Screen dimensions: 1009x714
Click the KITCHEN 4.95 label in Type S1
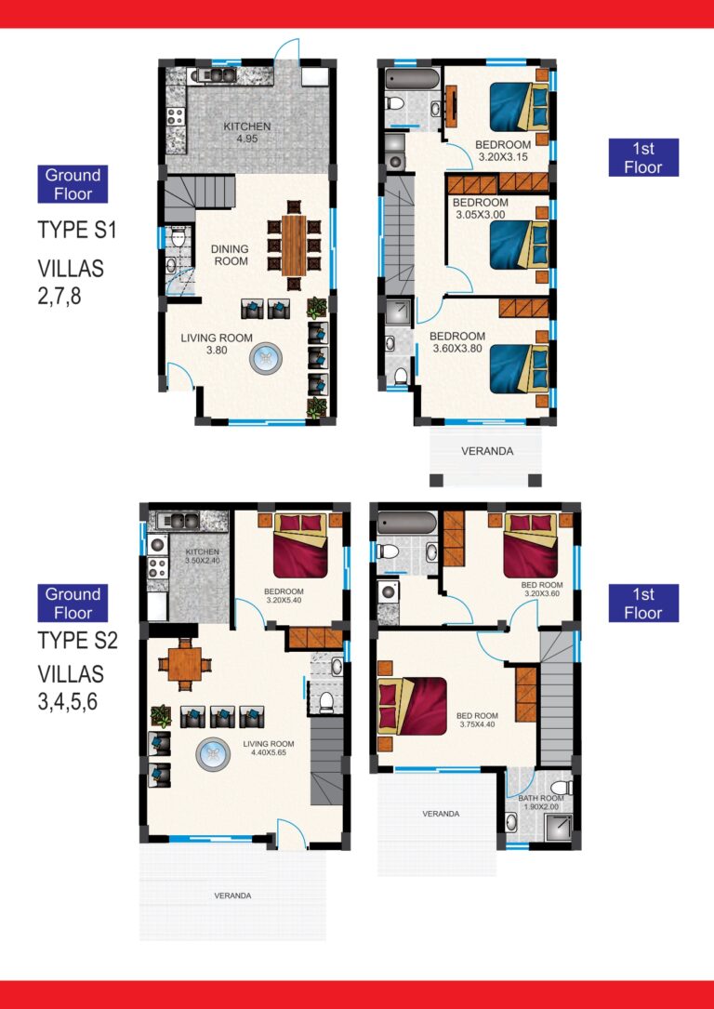coord(246,133)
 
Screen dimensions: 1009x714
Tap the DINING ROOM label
coord(229,255)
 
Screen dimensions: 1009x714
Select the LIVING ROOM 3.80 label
coord(216,344)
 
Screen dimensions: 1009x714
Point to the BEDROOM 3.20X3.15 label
coord(502,151)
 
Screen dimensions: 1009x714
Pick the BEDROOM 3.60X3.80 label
coord(458,342)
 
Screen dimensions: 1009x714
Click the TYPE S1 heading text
coord(77,230)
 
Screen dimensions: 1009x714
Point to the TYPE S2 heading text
coord(77,641)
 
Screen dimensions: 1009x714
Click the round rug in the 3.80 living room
coord(267,357)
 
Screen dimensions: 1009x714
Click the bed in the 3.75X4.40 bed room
coord(412,705)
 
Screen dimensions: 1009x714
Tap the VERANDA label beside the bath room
coord(441,814)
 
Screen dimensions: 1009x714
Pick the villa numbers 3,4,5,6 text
coord(68,687)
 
